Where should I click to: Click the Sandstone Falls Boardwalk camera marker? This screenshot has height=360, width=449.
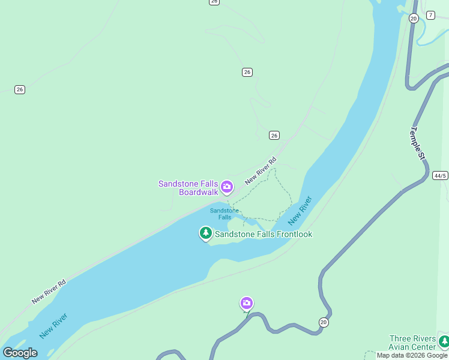pos(227,187)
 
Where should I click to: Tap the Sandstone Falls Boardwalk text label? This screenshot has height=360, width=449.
pos(188,188)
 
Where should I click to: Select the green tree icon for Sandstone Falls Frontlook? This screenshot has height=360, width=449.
pos(206,233)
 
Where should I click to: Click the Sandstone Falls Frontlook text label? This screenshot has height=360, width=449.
pos(264,235)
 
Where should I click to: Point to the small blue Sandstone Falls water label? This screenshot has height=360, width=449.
pos(224,214)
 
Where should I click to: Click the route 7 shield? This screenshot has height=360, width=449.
pos(430,15)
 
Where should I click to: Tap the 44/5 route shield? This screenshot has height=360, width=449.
pos(440,176)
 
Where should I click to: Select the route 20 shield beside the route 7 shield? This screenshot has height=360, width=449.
pos(414,19)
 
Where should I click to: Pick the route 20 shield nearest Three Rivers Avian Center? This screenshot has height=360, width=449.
pos(324,322)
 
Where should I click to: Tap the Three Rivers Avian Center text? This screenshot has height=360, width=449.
pos(412,343)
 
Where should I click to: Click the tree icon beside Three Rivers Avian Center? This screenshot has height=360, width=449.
pos(444,341)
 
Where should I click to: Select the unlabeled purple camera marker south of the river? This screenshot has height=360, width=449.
pos(246,303)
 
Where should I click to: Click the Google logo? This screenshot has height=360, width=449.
pos(20,353)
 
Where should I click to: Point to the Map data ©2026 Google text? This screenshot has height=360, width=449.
pos(412,355)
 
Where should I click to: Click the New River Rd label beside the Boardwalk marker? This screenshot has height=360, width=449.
pos(261,170)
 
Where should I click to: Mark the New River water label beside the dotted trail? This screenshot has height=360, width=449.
pos(301,210)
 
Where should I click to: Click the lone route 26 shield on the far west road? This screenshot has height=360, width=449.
pos(20,89)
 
